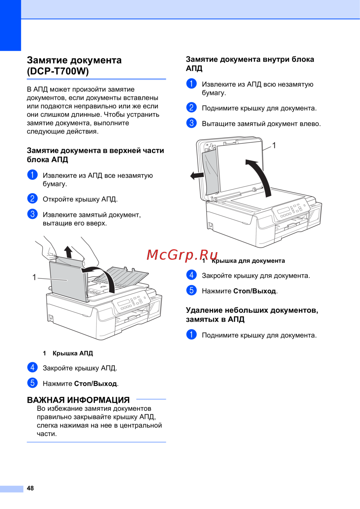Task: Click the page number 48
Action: (30, 488)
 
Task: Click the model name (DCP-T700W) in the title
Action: (58, 72)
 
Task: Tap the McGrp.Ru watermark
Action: (182, 255)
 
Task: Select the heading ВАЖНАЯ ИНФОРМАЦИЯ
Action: (78, 400)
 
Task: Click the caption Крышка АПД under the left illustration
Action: (73, 353)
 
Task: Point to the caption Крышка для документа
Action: (248, 261)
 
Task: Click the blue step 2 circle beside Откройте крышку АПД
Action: (32, 199)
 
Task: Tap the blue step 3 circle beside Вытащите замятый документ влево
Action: (192, 123)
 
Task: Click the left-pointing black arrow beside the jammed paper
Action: (197, 176)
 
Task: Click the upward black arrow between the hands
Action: (68, 252)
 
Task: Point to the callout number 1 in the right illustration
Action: (274, 145)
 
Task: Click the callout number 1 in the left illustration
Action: (34, 277)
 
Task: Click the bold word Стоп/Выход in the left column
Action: (95, 383)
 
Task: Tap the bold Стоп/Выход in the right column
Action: (255, 291)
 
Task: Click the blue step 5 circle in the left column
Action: (32, 383)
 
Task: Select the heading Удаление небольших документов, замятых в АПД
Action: (252, 315)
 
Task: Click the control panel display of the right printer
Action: (283, 210)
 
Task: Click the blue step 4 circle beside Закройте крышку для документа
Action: (192, 275)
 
